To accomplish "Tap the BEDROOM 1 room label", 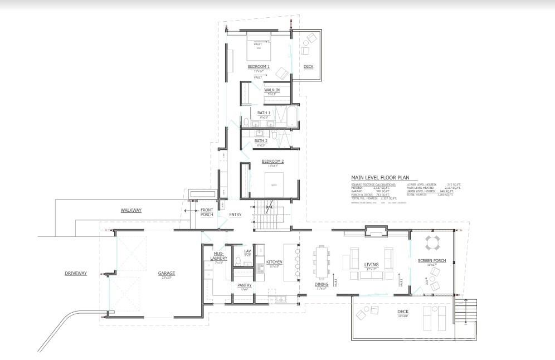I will coord(259,67).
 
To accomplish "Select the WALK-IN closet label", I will coord(271,90).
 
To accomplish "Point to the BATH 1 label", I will coord(264,113).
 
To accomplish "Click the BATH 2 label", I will coord(261,141).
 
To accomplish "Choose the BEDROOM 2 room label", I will coord(272,162).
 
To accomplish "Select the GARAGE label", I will coord(166,274).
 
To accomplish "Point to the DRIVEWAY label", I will coord(76,274).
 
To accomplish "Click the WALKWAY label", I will coord(132,210).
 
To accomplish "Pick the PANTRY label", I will coord(244,285).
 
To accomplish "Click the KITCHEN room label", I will coord(274,262).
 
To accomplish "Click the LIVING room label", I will coord(371,265).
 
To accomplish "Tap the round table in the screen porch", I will coord(433,243).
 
